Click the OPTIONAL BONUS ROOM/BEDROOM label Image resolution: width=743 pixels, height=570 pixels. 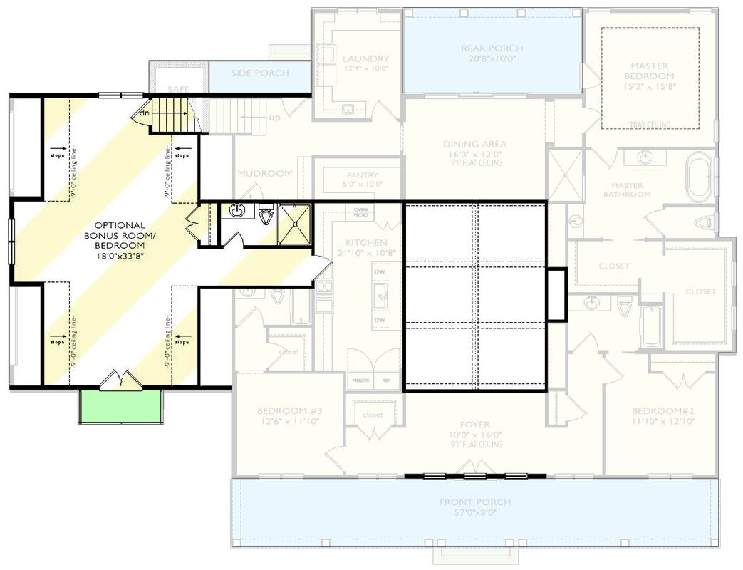pos(120,239)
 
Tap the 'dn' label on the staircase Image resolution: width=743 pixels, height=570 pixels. pos(144,113)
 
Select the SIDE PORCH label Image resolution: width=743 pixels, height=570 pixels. pos(260,73)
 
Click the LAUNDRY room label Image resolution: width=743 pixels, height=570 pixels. pos(365,59)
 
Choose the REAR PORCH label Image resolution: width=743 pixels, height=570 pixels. pos(492,48)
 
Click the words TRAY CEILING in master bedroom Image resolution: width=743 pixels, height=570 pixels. pos(650,125)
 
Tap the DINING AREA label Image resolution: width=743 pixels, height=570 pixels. pos(474,145)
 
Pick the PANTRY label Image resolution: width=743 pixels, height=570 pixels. pos(362,175)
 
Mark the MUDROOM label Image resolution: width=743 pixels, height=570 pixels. pos(265,173)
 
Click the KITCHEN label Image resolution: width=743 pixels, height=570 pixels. pos(365,243)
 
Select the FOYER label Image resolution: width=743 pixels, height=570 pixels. pos(474,425)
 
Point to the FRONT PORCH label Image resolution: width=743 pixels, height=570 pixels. pos(474,502)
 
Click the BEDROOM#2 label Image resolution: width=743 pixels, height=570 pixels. pos(663,411)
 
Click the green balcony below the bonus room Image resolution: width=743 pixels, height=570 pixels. pos(120,406)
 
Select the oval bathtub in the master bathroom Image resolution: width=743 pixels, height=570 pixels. pos(700,176)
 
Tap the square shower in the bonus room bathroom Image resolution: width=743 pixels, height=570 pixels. pos(294,224)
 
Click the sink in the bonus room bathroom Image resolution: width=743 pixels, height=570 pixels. pos(238,211)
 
